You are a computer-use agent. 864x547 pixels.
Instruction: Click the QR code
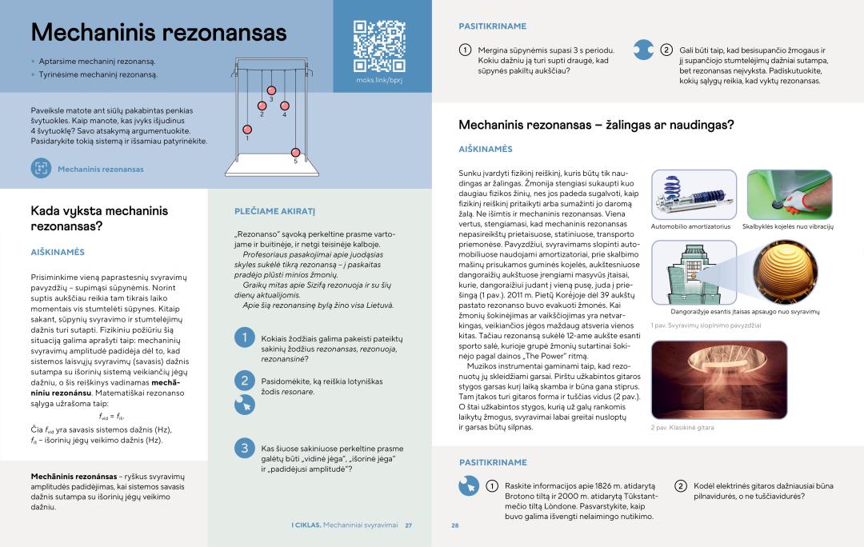(x=379, y=46)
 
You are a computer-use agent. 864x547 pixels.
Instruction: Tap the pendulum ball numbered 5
(x=295, y=152)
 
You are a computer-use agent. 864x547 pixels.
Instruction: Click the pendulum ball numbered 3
(x=271, y=90)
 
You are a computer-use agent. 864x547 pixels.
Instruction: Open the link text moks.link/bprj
(x=379, y=81)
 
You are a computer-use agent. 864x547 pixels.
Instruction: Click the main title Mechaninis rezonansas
(x=158, y=33)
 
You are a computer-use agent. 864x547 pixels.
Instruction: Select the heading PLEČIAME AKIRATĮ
(x=274, y=211)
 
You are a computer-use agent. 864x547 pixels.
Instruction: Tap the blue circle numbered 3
(x=245, y=448)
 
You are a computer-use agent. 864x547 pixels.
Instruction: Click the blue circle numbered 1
(x=245, y=338)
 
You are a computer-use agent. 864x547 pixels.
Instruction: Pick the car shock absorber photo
(x=694, y=194)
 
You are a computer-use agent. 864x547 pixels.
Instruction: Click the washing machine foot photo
(x=789, y=194)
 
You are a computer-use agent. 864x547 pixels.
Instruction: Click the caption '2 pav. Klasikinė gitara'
(x=682, y=428)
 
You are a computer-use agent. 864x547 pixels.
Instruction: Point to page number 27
(x=408, y=525)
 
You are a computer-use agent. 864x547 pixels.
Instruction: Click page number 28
(x=455, y=525)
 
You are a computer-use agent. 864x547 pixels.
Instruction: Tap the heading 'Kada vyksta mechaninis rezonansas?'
(x=99, y=218)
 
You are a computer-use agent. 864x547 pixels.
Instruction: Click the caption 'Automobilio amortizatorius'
(x=690, y=226)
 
